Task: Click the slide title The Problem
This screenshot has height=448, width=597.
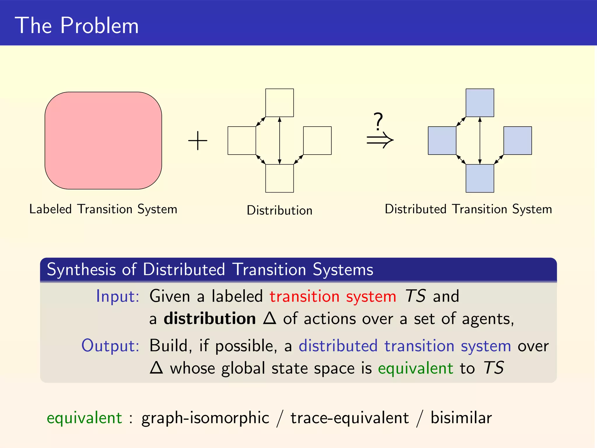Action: pos(77,26)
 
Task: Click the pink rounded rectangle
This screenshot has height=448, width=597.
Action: pos(103,141)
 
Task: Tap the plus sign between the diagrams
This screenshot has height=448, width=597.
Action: pos(198,141)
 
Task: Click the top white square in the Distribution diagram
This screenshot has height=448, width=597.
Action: pos(279,103)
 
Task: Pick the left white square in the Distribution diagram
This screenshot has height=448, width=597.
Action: pos(242,141)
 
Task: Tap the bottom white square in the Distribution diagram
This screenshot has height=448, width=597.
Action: pos(279,178)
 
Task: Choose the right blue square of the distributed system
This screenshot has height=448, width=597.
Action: pos(517,141)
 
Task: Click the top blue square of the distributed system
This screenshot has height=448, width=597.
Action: pos(480,103)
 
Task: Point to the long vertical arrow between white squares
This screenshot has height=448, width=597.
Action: pos(280,141)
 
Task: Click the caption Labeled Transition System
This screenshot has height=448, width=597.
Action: pos(103,209)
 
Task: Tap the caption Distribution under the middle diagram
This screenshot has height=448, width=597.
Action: pos(279,210)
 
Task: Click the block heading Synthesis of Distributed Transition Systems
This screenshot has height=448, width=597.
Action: pos(210,269)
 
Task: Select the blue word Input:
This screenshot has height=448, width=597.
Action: pos(118,296)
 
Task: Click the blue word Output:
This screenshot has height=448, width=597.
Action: pos(110,346)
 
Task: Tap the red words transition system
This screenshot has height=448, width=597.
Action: pos(333,296)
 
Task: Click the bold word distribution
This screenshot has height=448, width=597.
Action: pos(210,318)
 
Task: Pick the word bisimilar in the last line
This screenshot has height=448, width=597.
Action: pos(461,418)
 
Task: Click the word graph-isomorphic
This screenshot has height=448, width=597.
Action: pos(205,418)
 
